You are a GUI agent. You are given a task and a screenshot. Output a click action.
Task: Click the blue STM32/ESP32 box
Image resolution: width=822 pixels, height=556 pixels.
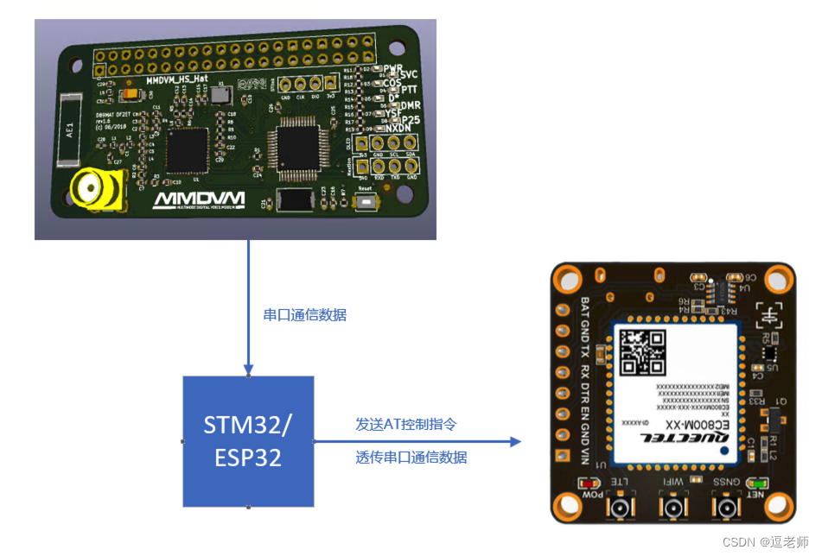[x=248, y=441]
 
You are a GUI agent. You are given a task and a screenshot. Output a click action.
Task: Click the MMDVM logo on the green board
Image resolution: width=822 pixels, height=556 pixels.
[x=199, y=200]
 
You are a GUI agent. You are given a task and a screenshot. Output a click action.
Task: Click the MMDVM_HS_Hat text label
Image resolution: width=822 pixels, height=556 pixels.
[x=176, y=79]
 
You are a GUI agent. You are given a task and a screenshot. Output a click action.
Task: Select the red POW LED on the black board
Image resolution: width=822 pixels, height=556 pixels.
[x=593, y=483]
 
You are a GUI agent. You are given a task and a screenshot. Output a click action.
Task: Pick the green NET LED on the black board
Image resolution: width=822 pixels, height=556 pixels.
[x=757, y=483]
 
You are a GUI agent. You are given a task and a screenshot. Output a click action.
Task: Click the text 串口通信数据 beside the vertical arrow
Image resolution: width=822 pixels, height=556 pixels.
[x=304, y=315]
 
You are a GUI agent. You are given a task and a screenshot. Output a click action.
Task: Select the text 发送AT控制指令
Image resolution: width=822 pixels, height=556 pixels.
[x=406, y=425]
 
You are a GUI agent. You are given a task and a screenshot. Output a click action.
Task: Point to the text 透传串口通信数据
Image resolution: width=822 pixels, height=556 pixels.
[x=411, y=458]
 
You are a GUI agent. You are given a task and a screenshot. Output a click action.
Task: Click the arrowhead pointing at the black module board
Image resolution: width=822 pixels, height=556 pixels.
[x=516, y=442]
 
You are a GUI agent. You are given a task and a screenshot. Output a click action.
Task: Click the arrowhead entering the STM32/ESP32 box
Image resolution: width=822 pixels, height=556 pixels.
[x=249, y=370]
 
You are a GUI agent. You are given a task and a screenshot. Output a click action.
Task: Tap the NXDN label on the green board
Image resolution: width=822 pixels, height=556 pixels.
[x=396, y=128]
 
